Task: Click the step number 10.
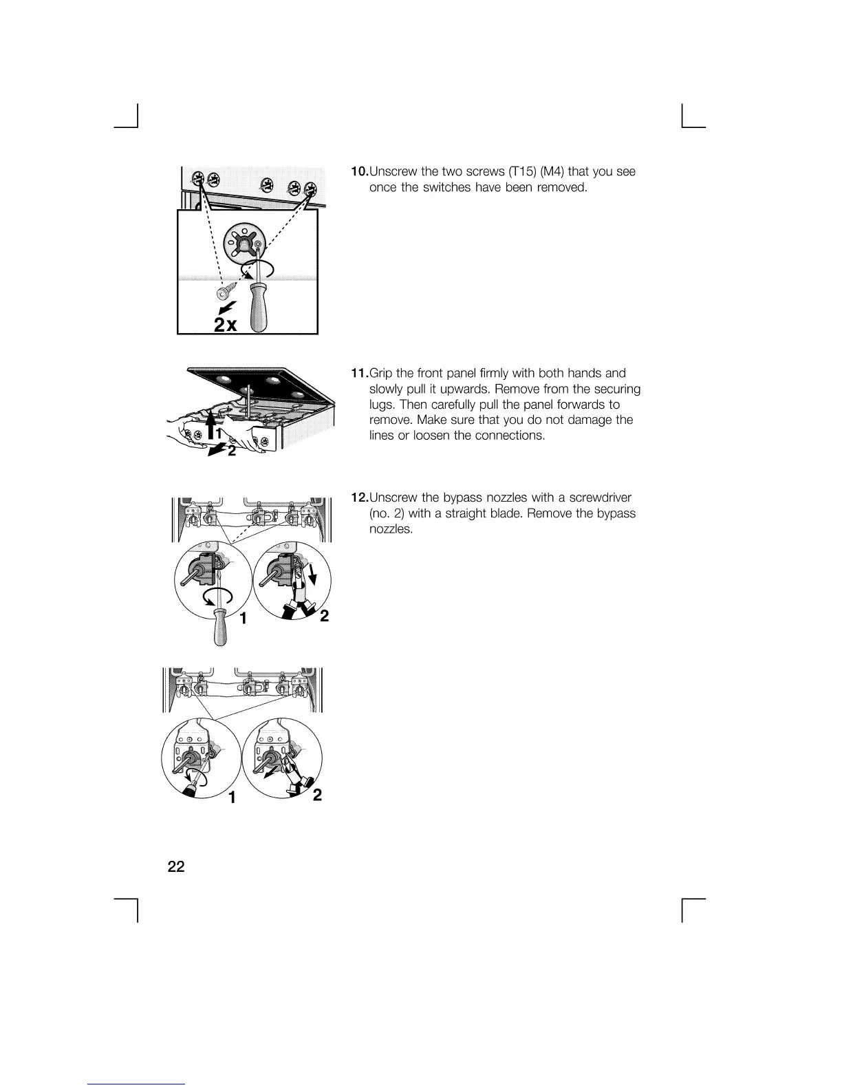coord(359,171)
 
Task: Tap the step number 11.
coord(359,374)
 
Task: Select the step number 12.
coord(360,498)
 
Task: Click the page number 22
coord(176,866)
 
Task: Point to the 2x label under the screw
coord(225,325)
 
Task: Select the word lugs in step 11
coord(382,405)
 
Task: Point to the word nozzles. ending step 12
coord(391,529)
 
